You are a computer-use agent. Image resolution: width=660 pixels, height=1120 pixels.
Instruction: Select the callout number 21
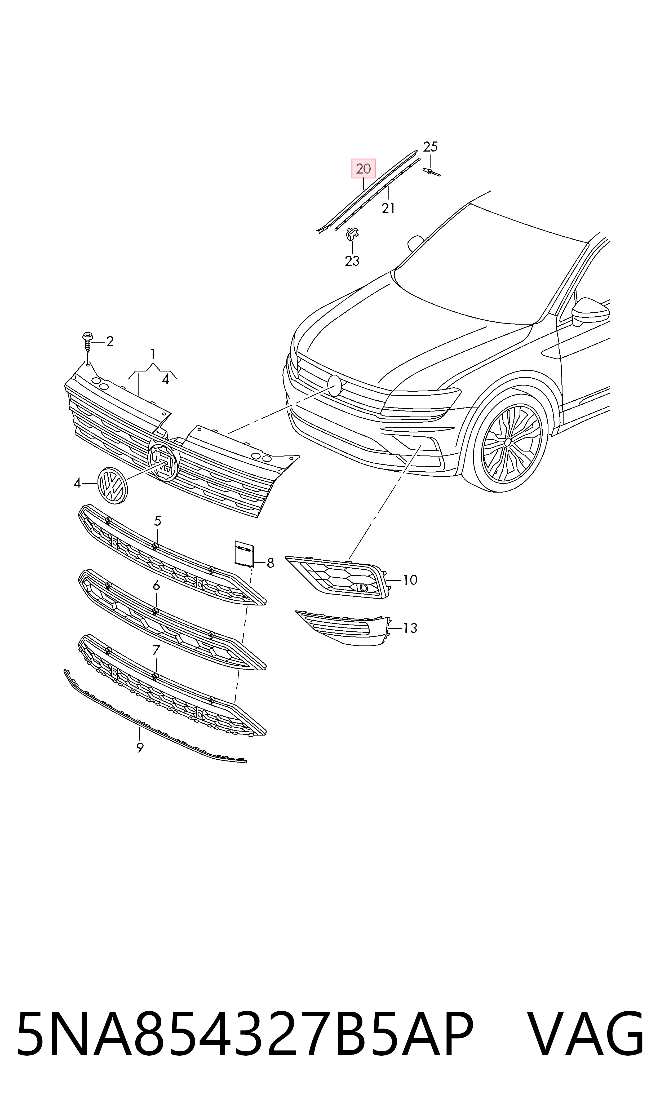pos(388,208)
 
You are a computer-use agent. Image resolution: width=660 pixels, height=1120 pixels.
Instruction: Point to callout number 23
pos(352,260)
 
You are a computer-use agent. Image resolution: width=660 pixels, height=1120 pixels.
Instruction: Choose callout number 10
pos(410,580)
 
